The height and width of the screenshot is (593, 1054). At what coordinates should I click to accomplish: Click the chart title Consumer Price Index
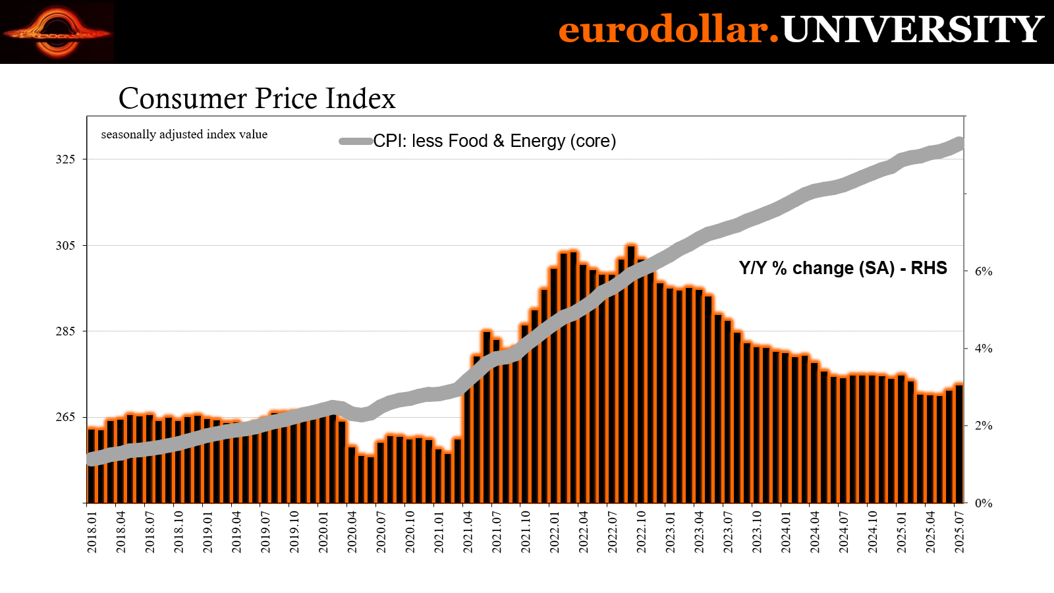[257, 99]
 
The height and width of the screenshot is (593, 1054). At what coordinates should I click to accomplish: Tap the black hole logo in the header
[57, 32]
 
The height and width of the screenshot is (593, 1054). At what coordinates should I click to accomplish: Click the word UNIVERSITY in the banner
[912, 30]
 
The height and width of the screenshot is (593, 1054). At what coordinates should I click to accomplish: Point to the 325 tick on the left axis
[65, 159]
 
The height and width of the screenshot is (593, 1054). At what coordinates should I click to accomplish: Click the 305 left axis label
[65, 246]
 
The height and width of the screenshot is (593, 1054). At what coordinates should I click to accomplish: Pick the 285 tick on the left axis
[65, 331]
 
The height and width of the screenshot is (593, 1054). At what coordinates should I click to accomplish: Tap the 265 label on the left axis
[65, 418]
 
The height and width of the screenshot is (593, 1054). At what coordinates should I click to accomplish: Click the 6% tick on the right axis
[984, 271]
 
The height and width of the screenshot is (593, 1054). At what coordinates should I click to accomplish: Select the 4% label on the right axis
[984, 349]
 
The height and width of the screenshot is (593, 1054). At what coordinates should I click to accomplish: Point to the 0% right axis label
[984, 503]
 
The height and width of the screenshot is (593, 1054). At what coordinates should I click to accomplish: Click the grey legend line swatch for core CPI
[356, 141]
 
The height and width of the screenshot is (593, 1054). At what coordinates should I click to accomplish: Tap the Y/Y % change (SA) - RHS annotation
[843, 268]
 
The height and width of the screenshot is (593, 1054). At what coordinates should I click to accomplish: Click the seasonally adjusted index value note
[184, 134]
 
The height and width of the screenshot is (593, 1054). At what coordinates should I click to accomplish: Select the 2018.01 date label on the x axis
[92, 532]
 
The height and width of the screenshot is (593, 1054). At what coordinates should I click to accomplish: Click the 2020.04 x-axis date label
[352, 532]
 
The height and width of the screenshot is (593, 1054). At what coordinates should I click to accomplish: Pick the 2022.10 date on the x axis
[642, 532]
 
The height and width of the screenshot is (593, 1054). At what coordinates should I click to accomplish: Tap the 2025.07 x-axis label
[960, 532]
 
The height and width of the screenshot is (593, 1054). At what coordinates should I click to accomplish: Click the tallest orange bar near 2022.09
[631, 376]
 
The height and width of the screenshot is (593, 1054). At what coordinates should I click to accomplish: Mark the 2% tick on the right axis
[984, 426]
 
